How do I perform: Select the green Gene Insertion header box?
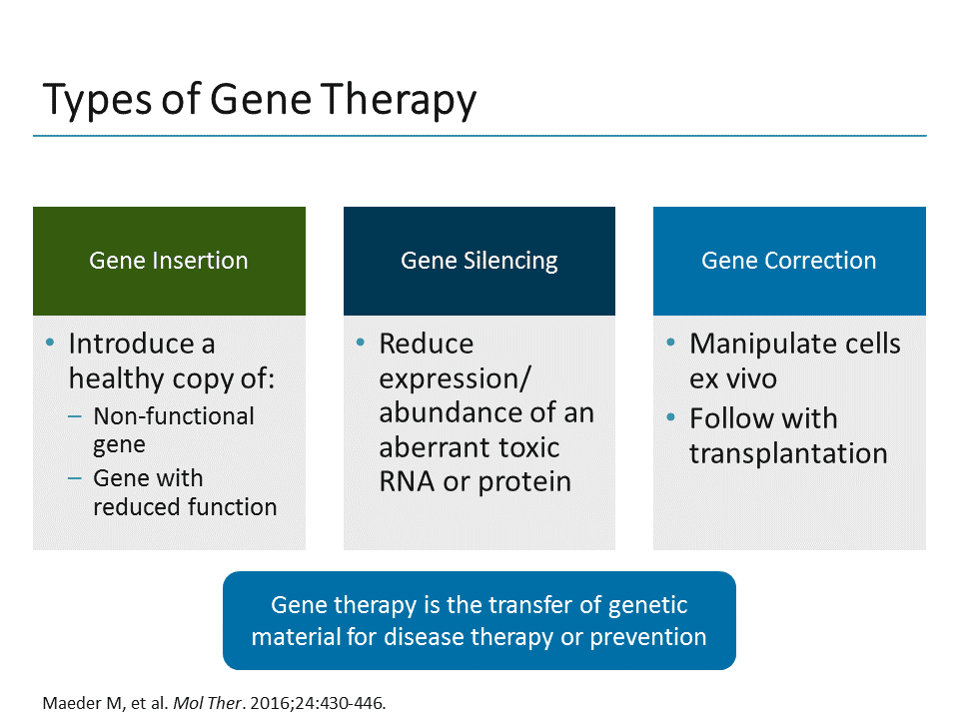point(169,261)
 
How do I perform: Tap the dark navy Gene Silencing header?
point(479,261)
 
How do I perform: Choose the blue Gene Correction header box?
point(789,261)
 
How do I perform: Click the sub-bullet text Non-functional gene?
point(173,429)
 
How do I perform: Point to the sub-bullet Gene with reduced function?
point(184,492)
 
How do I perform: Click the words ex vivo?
point(732,378)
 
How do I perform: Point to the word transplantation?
point(788,453)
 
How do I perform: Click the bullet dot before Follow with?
point(671,417)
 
